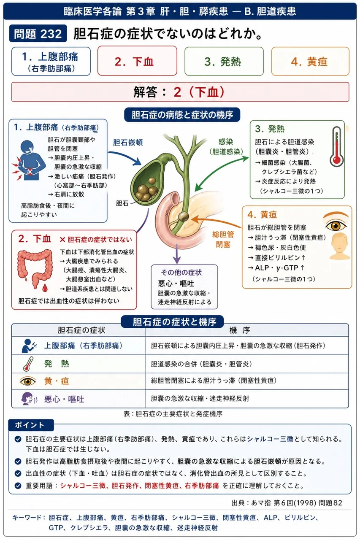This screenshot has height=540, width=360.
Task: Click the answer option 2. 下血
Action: [x=137, y=61]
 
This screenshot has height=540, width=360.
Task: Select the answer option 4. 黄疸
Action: [x=310, y=61]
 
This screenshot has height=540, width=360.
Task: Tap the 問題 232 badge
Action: [x=38, y=33]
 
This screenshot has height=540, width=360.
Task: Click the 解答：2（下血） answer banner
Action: [x=180, y=92]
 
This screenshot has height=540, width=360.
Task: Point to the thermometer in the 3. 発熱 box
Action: [x=336, y=146]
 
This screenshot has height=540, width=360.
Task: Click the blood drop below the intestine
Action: [x=45, y=288]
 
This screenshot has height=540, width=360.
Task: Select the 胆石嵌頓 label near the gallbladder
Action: [x=128, y=143]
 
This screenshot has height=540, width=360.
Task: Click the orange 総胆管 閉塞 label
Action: [x=223, y=239]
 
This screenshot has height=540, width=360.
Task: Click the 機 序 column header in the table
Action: [x=239, y=330]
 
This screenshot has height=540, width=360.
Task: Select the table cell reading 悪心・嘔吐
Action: [x=64, y=399]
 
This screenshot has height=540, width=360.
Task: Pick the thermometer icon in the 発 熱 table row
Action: [x=28, y=364]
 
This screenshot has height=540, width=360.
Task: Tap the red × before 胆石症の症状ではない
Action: [x=62, y=240]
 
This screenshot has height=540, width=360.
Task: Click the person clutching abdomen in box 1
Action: [x=29, y=160]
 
